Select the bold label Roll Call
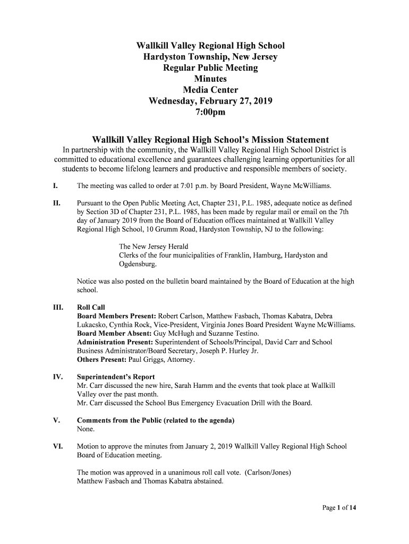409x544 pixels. (x=91, y=308)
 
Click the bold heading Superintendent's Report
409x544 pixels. (x=116, y=377)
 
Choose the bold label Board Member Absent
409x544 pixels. (x=110, y=334)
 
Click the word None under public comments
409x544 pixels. (x=86, y=429)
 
